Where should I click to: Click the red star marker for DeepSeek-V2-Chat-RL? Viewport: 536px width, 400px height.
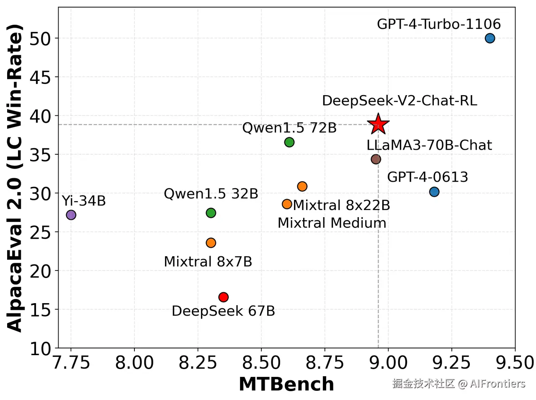click(x=378, y=124)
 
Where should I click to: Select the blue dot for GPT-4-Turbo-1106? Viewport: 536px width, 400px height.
click(x=490, y=38)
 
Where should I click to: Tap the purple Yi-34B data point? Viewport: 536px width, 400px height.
click(x=71, y=215)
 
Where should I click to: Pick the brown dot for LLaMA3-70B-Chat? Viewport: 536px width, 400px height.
click(x=376, y=159)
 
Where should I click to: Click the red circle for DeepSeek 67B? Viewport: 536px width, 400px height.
click(x=223, y=297)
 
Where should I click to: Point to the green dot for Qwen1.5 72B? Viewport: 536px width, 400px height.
click(x=289, y=142)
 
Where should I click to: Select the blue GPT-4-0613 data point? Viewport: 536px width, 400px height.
click(x=434, y=192)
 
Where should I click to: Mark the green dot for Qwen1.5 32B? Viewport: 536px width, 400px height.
click(x=211, y=213)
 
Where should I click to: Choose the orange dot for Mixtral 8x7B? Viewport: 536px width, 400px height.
click(x=211, y=243)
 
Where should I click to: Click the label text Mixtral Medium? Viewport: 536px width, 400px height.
click(x=332, y=223)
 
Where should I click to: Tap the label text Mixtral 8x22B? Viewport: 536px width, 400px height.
click(x=341, y=205)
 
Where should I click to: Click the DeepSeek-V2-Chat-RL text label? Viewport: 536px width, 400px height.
click(x=399, y=101)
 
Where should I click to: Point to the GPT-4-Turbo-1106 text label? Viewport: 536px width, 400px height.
click(x=438, y=24)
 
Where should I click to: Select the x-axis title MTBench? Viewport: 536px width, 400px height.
click(x=286, y=384)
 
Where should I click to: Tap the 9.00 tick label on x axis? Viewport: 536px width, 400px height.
click(x=388, y=363)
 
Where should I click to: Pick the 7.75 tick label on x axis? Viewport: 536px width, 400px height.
click(x=71, y=363)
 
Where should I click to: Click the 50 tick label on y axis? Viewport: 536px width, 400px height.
click(x=40, y=39)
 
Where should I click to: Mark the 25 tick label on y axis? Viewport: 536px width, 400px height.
click(x=40, y=232)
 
